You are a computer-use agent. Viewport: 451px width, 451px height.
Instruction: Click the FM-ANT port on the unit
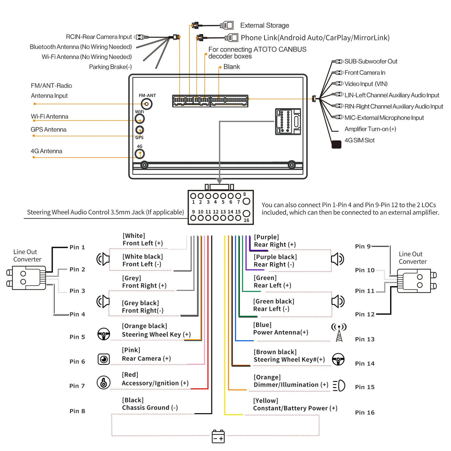coord(147,104)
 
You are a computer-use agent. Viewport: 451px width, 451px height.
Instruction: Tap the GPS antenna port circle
coord(139,130)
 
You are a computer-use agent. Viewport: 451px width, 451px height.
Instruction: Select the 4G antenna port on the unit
coord(140,154)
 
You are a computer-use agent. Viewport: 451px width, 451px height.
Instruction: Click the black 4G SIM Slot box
coord(336,145)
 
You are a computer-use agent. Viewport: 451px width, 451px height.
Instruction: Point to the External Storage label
coord(265,25)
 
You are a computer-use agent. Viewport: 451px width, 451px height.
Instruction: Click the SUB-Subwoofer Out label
coord(370,61)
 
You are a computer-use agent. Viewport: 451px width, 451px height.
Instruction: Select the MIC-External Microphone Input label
coord(384,118)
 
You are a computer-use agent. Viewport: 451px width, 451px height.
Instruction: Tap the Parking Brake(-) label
coord(110,67)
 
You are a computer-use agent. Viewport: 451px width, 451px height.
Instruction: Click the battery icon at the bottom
coord(218,437)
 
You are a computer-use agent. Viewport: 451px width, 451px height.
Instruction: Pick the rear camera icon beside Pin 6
coord(104,359)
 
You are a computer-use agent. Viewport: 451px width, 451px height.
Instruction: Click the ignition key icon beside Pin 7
coord(104,382)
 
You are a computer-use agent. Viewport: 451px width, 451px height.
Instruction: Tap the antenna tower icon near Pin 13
coord(339,332)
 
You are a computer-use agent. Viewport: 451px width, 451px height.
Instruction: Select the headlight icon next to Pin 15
coord(339,386)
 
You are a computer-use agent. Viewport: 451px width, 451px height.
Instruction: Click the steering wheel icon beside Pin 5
coord(104,334)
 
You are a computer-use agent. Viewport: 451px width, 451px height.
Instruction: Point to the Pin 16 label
coord(364,412)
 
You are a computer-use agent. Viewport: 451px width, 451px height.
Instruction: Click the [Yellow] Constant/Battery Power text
coord(295,405)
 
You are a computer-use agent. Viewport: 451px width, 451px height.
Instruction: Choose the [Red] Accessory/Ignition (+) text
coord(155,379)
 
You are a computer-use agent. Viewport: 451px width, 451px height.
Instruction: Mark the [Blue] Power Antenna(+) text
coord(280,329)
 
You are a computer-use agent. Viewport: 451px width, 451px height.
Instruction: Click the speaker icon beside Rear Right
coord(337,259)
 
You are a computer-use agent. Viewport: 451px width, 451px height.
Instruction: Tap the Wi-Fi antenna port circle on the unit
coord(140,119)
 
